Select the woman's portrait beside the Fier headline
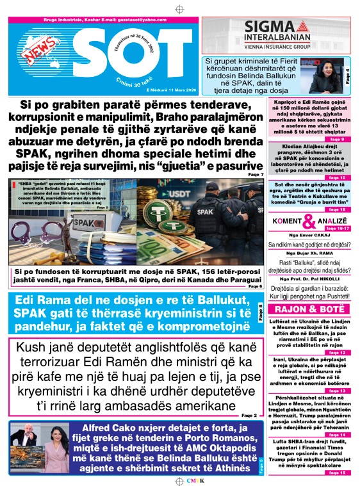pos(327,75)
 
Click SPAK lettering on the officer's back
pos(221,210)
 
